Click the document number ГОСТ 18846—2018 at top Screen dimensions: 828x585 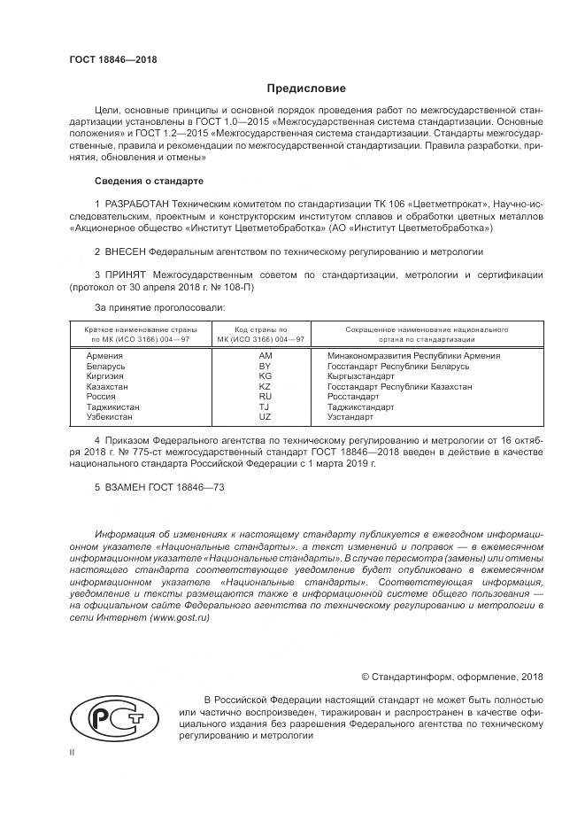coord(112,59)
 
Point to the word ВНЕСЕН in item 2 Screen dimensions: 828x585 coord(124,251)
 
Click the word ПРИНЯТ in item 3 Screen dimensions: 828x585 coord(129,275)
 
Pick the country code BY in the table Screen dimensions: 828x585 coord(264,366)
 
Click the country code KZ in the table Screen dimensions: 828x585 coord(264,386)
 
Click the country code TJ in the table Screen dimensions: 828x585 coord(264,406)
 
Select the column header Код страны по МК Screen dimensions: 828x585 coord(264,334)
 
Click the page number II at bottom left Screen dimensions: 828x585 coord(72,751)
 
